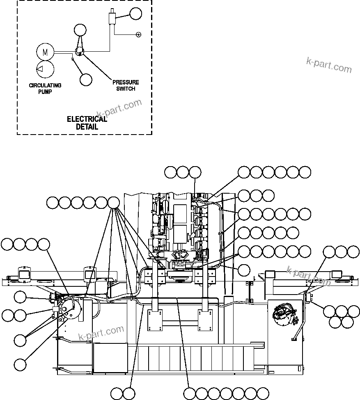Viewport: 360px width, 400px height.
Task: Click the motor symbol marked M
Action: [x=45, y=52]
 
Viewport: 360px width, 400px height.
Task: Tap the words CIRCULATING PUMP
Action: [x=45, y=89]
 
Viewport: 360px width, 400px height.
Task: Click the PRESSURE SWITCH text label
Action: [x=126, y=85]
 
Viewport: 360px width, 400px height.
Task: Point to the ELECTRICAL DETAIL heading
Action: [x=87, y=123]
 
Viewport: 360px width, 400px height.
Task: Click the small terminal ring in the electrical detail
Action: [x=138, y=34]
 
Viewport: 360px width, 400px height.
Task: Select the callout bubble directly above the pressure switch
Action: [x=80, y=30]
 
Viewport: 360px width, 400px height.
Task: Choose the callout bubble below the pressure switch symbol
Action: [x=86, y=80]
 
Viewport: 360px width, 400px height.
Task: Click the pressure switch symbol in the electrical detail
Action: [x=80, y=51]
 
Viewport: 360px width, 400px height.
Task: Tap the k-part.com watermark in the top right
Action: [x=329, y=64]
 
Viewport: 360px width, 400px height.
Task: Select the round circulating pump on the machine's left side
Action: [x=69, y=308]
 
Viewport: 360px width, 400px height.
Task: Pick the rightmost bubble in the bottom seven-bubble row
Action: [x=263, y=393]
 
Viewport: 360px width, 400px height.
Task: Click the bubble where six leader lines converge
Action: [x=114, y=202]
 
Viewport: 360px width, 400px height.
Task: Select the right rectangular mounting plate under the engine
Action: [x=205, y=320]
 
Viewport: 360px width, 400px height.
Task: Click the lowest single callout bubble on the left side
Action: [x=20, y=364]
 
